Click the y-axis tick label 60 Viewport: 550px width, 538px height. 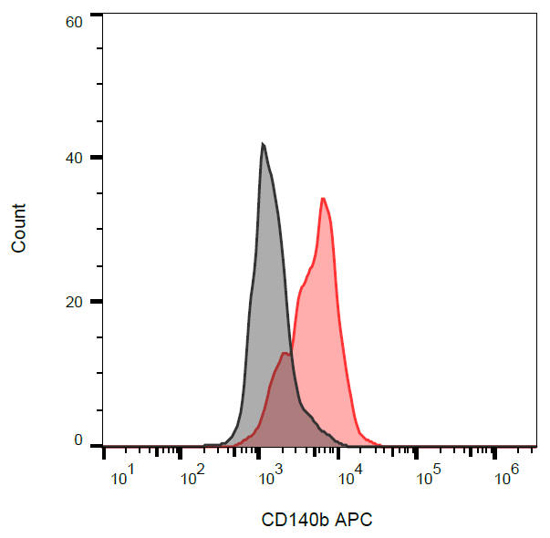76,21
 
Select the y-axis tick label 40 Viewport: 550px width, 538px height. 76,158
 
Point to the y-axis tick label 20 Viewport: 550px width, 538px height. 76,302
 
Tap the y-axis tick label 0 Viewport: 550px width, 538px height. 79,441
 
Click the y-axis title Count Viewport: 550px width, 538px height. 19,228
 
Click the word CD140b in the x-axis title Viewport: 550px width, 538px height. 296,521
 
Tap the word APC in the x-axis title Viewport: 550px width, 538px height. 356,521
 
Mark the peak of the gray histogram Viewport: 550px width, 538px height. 263,144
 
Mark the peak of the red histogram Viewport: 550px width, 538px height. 323,198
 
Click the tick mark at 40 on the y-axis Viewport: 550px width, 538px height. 96,158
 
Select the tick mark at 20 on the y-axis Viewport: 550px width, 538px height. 96,302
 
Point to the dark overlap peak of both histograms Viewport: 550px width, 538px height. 285,353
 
